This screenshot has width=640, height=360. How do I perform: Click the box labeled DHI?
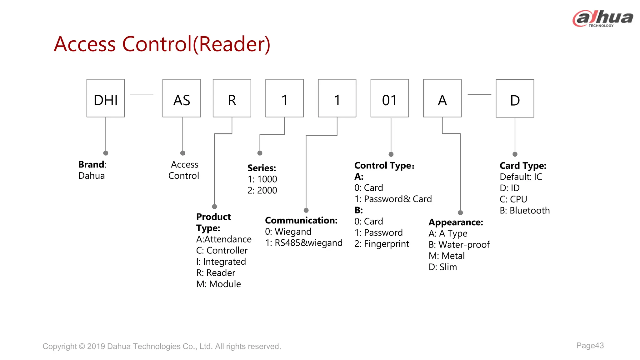[x=106, y=98]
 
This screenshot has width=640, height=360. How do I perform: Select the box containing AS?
[x=182, y=98]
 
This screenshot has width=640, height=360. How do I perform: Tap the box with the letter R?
[x=232, y=98]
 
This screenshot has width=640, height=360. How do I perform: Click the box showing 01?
[x=389, y=98]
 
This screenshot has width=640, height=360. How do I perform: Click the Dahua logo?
[x=602, y=19]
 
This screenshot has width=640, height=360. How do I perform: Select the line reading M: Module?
[x=218, y=284]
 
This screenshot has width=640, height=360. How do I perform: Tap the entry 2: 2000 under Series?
[x=262, y=190]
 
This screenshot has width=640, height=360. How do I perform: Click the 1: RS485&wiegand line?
[x=304, y=243]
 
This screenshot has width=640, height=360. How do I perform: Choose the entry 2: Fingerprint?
[x=382, y=244]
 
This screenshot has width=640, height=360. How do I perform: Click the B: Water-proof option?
[x=459, y=245]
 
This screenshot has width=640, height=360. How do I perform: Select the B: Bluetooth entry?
[x=525, y=211]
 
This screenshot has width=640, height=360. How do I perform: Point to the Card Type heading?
[x=523, y=166]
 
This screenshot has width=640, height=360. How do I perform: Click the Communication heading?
[x=301, y=220]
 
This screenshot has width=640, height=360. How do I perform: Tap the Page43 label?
[x=590, y=346]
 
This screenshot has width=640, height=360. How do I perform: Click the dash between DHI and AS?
[x=142, y=94]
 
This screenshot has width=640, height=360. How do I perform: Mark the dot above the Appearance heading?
[x=460, y=213]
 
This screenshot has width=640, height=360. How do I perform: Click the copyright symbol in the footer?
[x=82, y=346]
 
